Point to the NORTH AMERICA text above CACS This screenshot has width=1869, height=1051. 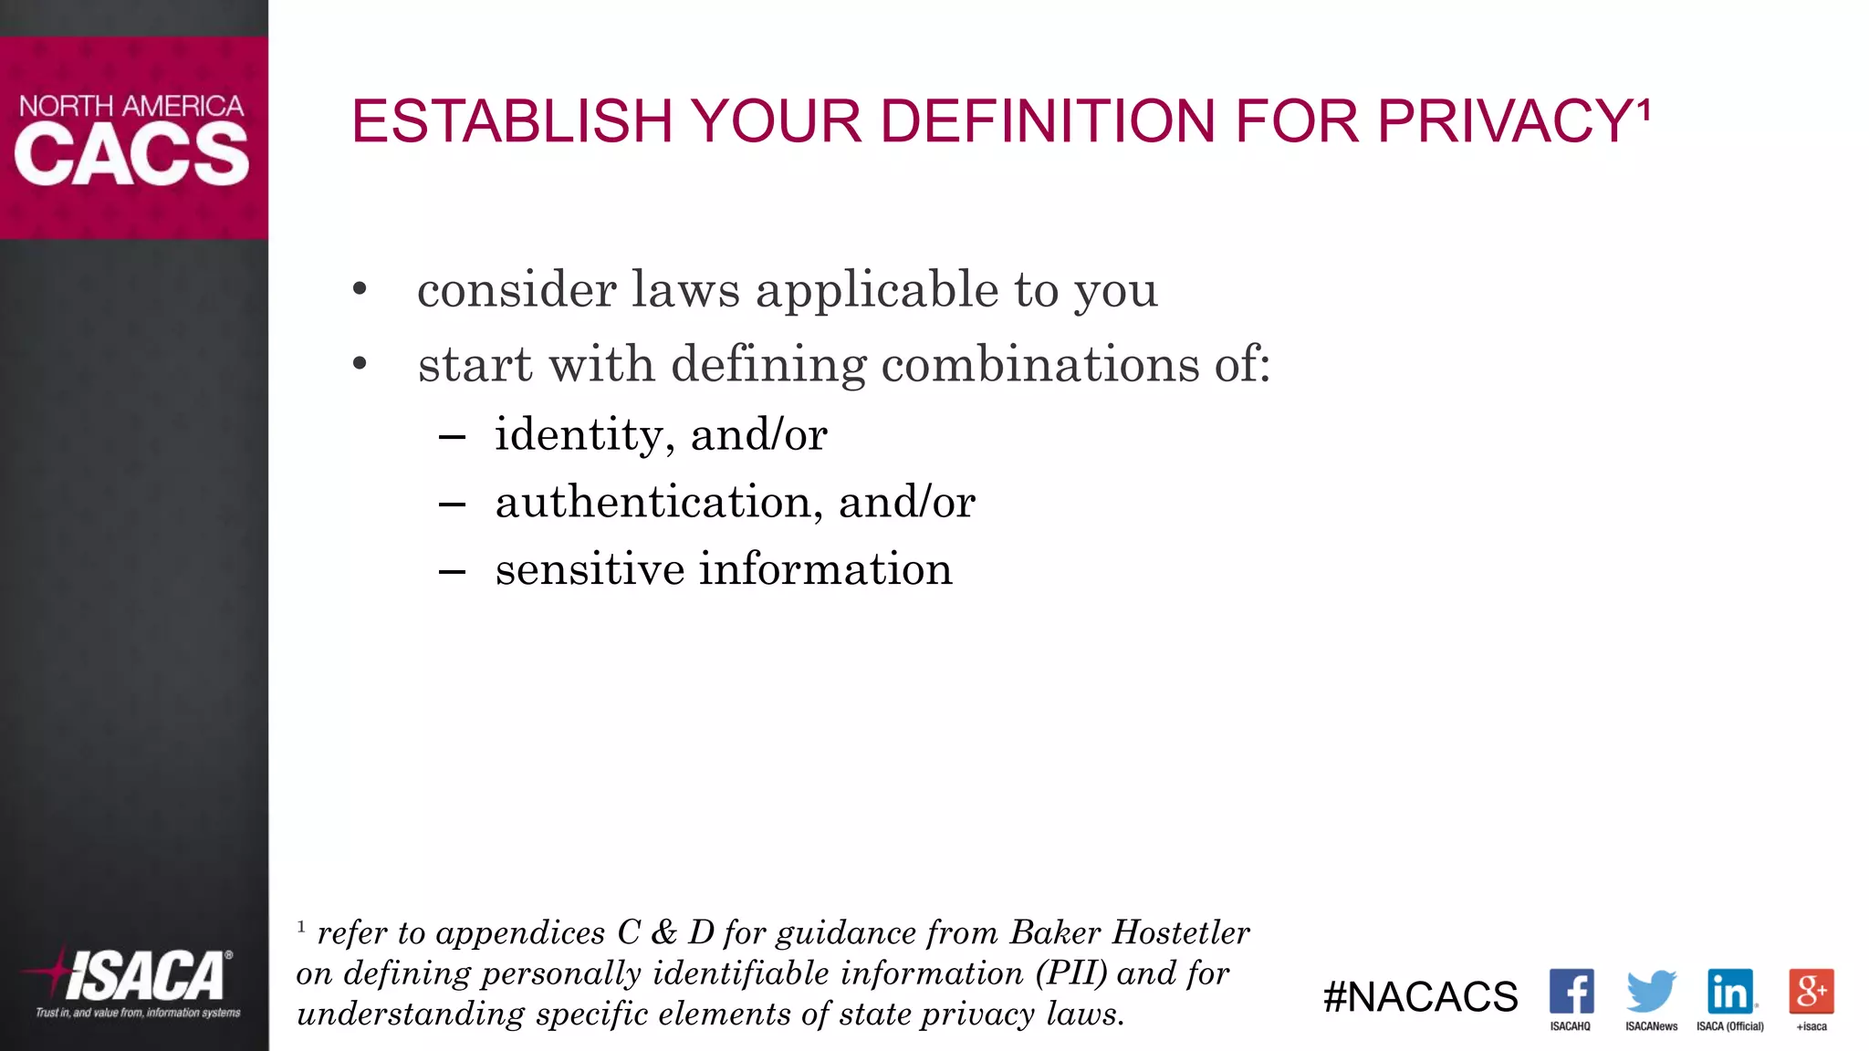coord(131,106)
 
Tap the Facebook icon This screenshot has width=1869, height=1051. coord(1571,992)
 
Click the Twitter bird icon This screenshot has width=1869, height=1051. coord(1651,992)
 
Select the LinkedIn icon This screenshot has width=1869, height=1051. coord(1730,992)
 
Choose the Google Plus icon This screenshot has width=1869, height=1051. coord(1812,992)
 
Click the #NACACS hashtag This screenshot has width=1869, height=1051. coord(1420,997)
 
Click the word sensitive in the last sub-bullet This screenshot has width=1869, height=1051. coord(590,569)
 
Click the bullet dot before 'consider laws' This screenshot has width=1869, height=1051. coord(360,290)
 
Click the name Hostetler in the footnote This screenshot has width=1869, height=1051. coord(1181,932)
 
